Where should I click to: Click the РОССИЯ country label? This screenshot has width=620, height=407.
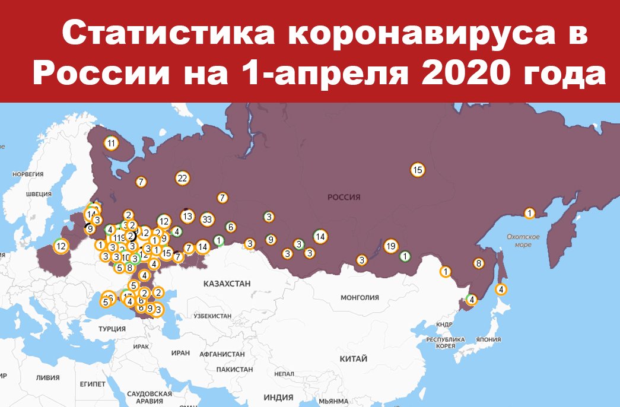344,197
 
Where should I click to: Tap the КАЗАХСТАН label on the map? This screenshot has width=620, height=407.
226,284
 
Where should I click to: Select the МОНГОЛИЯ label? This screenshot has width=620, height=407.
360,297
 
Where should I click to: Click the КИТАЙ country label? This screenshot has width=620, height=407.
353,359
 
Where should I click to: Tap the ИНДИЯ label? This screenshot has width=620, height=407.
278,397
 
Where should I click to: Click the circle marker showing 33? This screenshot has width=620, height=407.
206,219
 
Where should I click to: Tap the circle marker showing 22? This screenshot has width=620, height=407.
182,178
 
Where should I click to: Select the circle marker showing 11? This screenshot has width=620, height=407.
111,143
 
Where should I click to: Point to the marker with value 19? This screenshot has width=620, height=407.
390,246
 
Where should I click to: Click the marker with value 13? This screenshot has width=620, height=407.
187,217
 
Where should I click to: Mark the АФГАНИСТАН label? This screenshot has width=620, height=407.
222,354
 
